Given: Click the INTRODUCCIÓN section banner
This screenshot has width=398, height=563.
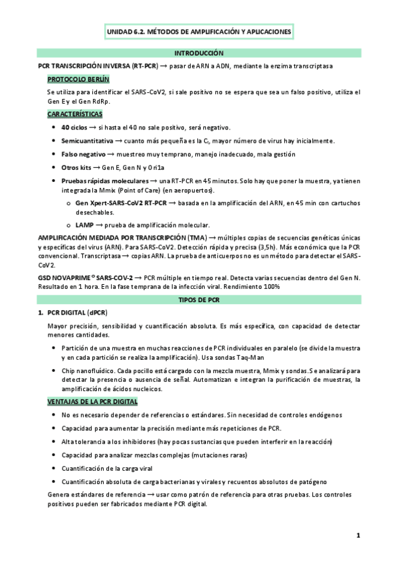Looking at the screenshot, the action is point(199,52).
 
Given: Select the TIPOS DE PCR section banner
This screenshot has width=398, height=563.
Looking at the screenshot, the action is point(199,300).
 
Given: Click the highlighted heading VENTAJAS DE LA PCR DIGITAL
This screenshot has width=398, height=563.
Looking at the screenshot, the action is point(92,402).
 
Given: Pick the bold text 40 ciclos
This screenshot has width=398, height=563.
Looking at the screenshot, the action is point(74,127).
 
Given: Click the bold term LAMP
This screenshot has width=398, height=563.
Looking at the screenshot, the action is point(85,225).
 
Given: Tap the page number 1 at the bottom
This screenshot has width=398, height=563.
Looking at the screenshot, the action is point(357,535).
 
